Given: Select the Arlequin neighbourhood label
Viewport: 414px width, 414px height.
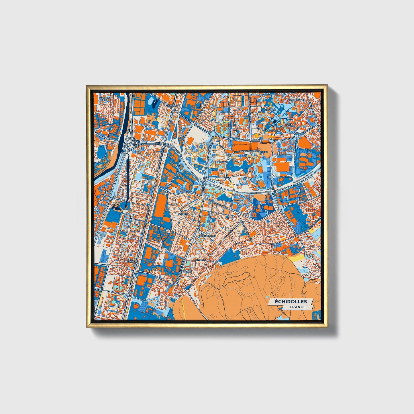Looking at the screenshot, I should pos(270,109).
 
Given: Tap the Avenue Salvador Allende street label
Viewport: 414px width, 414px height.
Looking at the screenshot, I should pos(254,151).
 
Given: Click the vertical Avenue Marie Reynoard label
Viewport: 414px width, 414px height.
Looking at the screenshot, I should pos(250,112).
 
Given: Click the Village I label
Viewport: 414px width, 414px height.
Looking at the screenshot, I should pos(201,260).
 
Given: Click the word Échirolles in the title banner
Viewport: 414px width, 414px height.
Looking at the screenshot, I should pos(291,301).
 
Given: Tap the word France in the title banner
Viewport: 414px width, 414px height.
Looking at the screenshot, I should pos(297,307).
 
